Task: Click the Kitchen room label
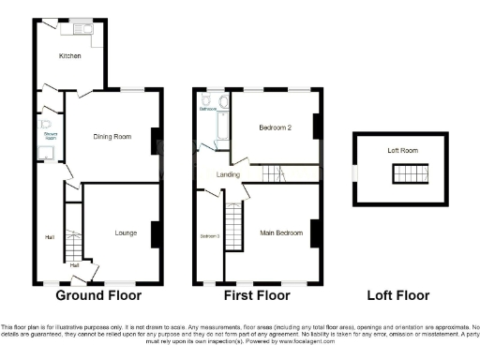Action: [x=70, y=56]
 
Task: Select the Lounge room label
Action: [x=127, y=232]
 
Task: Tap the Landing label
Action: [x=228, y=174]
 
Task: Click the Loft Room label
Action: [x=402, y=150]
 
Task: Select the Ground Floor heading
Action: [x=98, y=295]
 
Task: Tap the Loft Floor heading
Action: [x=397, y=295]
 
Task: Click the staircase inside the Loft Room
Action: [x=411, y=172]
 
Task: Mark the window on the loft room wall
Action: [x=353, y=172]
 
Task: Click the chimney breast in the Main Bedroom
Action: [x=316, y=232]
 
